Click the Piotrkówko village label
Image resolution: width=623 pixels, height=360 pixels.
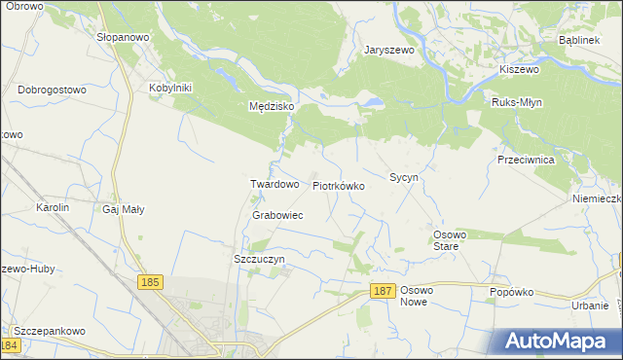coord(339,185)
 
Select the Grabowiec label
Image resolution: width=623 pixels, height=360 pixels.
coord(277,215)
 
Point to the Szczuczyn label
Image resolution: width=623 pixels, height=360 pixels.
coord(259,260)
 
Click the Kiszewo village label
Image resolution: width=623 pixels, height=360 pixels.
coord(519,69)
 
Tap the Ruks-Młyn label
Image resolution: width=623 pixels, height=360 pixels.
coord(517,102)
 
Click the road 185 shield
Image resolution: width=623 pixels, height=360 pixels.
coord(149,282)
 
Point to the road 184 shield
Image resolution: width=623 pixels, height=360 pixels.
coord(11,345)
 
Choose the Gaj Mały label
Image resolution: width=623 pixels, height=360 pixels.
coord(124,208)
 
